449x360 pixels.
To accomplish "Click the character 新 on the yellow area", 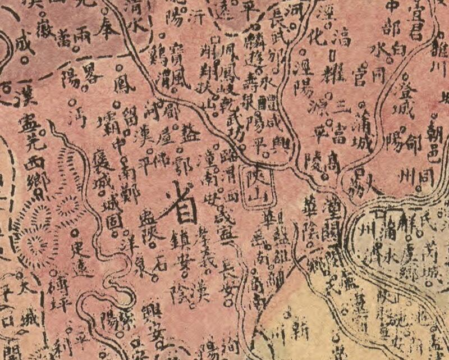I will [301, 332].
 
